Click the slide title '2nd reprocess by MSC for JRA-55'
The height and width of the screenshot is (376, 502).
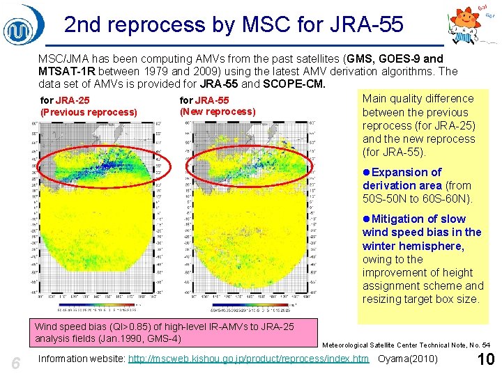pyautogui.click(x=234, y=25)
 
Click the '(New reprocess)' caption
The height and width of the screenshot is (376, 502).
pyautogui.click(x=218, y=111)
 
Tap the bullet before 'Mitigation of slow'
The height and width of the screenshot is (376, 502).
pyautogui.click(x=367, y=219)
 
